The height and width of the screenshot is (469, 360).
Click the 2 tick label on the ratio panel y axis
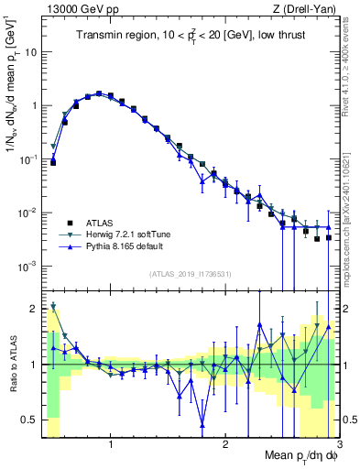33,308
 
